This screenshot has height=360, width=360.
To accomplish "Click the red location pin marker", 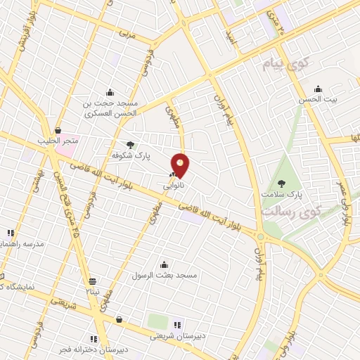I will click(181, 165).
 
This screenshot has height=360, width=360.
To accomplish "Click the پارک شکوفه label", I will click(127, 154).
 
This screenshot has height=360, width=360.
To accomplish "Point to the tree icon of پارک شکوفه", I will click(130, 144).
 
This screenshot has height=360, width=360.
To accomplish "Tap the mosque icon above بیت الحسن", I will click(318, 89).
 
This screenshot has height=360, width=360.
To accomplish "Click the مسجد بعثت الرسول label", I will click(165, 275).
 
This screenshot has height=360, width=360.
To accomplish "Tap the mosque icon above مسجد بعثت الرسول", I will click(165, 264).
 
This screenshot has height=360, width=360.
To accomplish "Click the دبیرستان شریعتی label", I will click(177, 336).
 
